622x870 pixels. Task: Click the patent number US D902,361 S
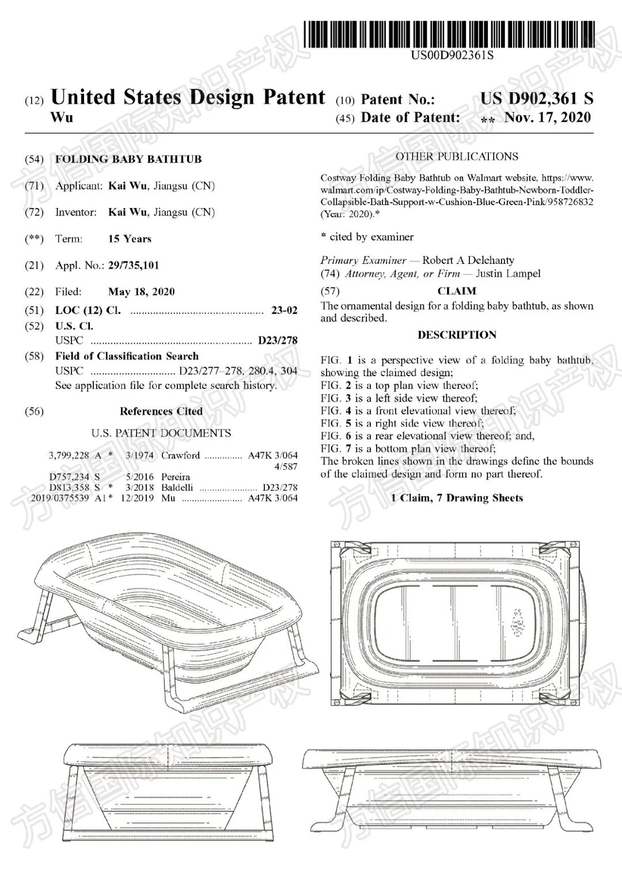(536, 99)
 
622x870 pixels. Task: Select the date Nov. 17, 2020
(547, 118)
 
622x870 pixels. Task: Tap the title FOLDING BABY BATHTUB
(128, 159)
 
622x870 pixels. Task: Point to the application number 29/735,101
(134, 265)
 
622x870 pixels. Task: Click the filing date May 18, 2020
(141, 292)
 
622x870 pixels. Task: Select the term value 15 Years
(130, 239)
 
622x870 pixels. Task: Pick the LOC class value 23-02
(284, 311)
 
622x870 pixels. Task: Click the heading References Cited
(161, 411)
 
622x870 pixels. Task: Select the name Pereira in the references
(176, 477)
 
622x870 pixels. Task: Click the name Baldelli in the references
(176, 487)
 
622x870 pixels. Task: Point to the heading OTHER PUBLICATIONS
(457, 157)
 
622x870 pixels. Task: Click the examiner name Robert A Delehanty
(468, 260)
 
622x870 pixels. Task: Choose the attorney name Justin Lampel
(508, 274)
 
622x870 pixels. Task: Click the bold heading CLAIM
(457, 291)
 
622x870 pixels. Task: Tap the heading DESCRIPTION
(457, 335)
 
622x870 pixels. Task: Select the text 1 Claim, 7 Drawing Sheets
(457, 498)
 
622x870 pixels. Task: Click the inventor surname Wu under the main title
(62, 118)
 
